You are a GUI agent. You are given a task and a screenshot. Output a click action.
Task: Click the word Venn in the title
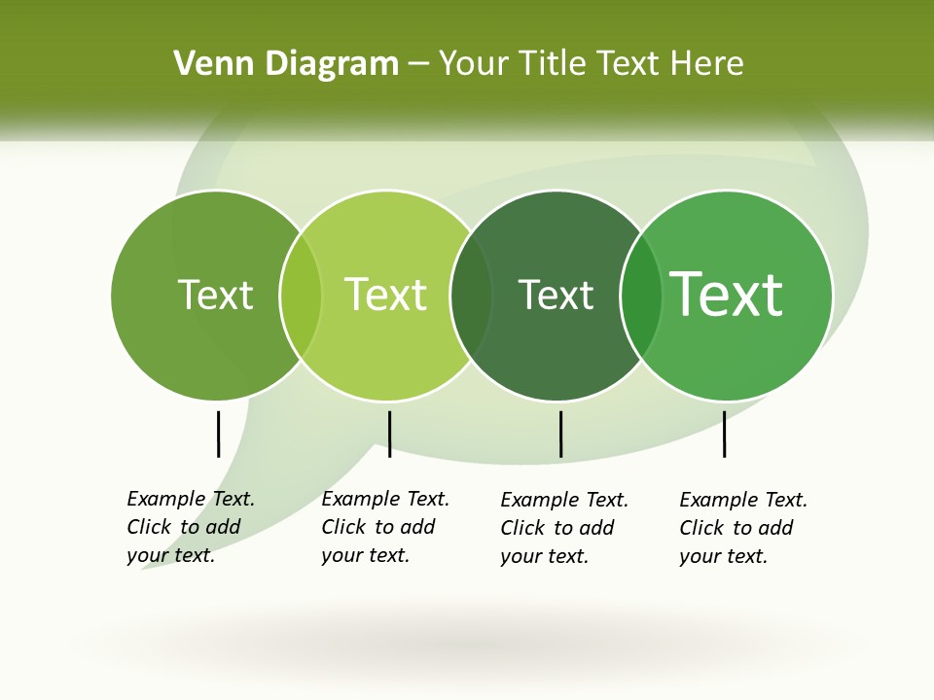(205, 64)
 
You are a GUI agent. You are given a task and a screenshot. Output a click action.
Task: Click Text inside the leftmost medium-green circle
(215, 295)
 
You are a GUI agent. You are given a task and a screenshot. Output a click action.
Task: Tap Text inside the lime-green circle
(385, 295)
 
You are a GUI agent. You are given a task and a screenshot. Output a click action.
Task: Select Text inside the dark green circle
(556, 295)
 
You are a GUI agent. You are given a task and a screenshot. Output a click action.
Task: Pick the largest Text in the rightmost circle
(727, 295)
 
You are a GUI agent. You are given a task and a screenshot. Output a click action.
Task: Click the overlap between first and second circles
(301, 295)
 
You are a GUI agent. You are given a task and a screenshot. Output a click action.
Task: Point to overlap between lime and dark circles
(471, 295)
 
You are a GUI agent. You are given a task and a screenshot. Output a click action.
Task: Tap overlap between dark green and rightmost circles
(641, 295)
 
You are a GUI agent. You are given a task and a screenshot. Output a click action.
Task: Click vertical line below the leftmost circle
(219, 434)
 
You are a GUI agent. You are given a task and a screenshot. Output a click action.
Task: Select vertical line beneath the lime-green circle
(389, 434)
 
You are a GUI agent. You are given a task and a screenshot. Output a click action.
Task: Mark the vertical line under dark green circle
(560, 434)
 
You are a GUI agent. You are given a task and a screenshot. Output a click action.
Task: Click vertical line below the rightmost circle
(724, 434)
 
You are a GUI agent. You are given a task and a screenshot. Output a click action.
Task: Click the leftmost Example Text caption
(190, 527)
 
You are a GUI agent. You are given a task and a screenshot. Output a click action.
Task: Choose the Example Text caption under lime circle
(384, 527)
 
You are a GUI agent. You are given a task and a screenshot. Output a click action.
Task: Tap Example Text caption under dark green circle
(563, 528)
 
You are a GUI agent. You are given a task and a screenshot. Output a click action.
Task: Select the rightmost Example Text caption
(742, 528)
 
